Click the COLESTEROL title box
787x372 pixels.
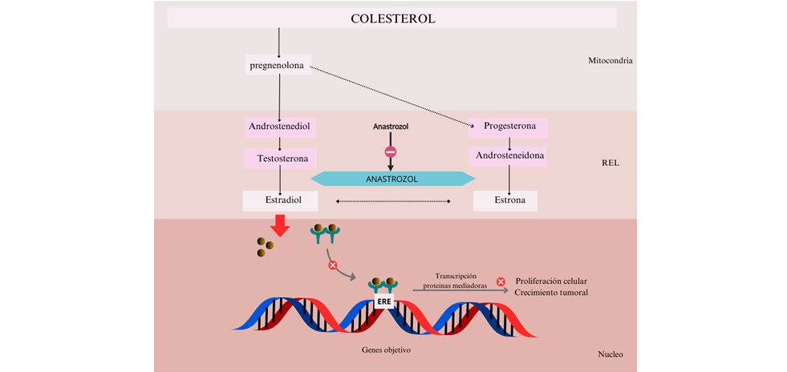tap(392, 18)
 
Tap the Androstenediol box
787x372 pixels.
tap(279, 127)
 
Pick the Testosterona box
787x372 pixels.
tap(281, 159)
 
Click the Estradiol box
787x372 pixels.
tap(280, 200)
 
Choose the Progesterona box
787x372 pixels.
tap(509, 127)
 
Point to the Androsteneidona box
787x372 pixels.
tap(511, 156)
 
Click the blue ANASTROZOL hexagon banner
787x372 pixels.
tap(391, 179)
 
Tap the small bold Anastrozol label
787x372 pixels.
tap(391, 127)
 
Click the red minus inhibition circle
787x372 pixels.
tap(391, 152)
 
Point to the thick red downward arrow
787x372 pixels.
tap(280, 227)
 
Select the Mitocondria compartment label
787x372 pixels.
tap(611, 60)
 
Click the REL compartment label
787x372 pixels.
tap(611, 164)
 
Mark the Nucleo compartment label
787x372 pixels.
tap(611, 354)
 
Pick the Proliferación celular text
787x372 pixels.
tap(551, 281)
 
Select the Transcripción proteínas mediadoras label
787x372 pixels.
tap(455, 281)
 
